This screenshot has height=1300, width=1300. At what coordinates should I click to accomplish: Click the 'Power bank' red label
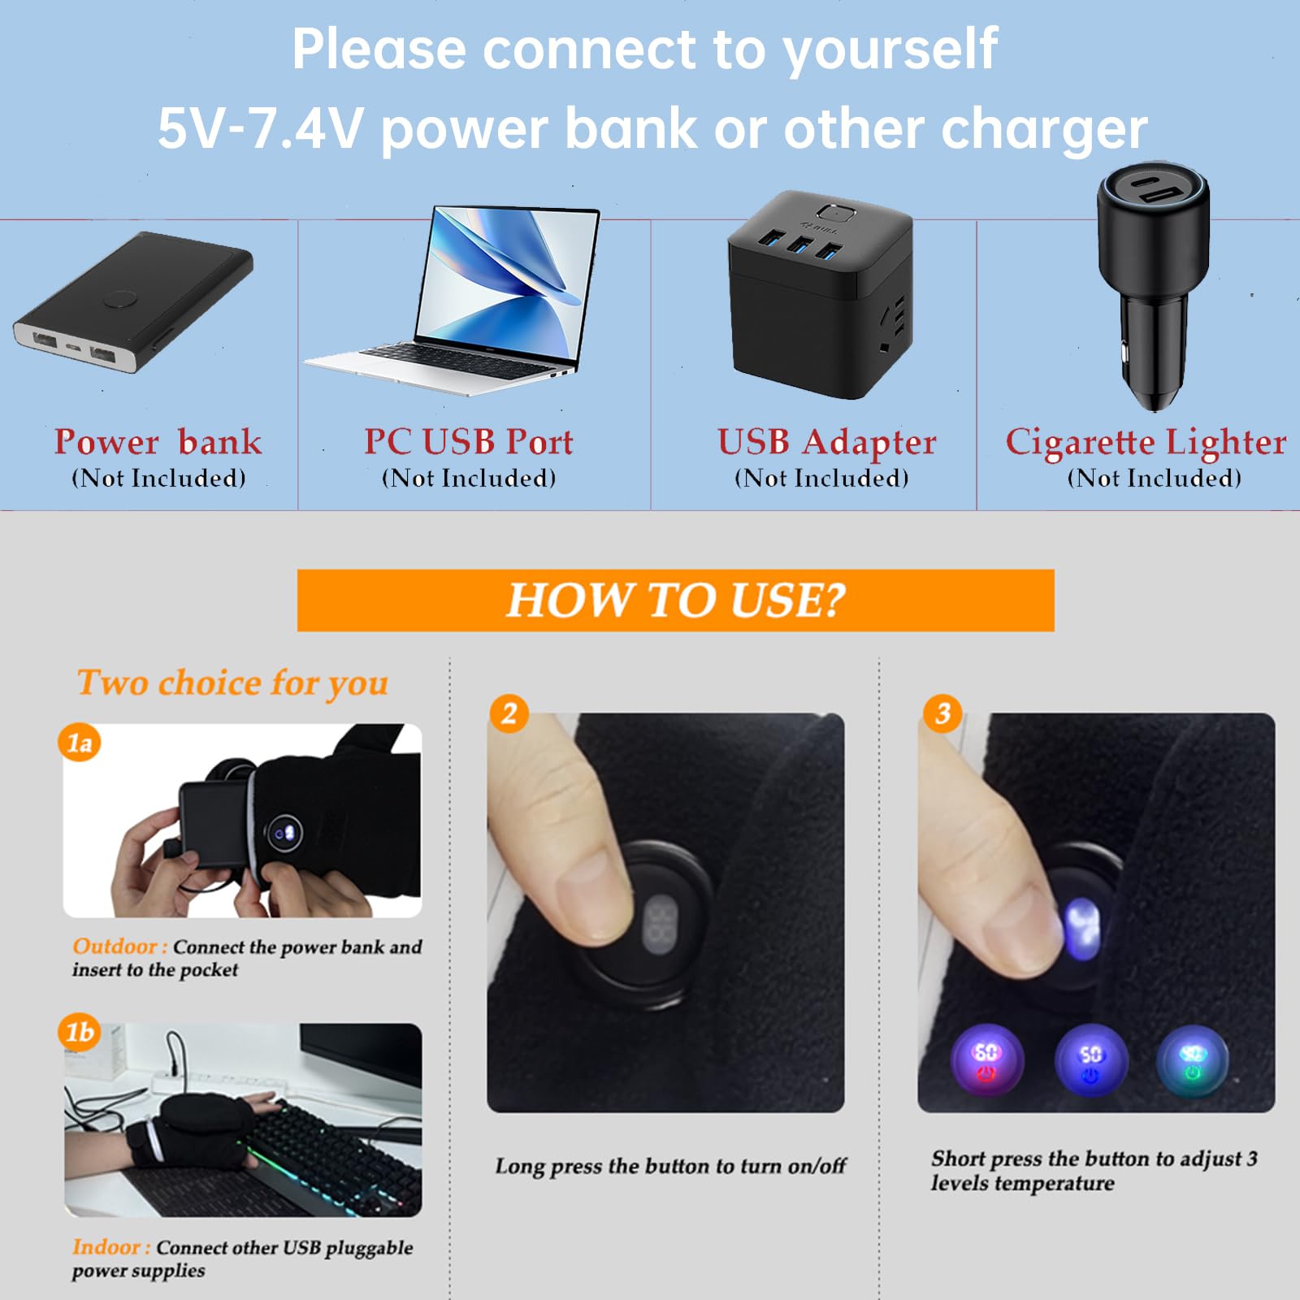[158, 442]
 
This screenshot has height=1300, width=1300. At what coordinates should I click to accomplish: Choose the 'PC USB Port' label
[468, 442]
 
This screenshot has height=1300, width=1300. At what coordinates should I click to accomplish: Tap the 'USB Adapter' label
[826, 442]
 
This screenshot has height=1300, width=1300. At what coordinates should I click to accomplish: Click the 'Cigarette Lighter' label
[1146, 442]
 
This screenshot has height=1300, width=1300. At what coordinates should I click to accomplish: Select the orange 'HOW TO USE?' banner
[675, 600]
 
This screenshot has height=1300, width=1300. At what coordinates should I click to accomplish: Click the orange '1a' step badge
[79, 743]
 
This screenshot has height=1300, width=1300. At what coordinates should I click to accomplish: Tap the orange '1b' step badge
[79, 1032]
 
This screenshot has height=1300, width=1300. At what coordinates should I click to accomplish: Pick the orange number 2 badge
[509, 713]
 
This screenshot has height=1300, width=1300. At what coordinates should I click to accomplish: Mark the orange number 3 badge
[942, 713]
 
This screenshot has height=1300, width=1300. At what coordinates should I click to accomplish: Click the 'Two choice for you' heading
[232, 682]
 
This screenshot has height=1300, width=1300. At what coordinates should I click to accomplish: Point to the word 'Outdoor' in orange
[115, 947]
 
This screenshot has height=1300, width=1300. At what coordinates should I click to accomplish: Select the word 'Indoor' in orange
[106, 1247]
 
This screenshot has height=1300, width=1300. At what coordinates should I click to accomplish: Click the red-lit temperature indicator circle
[986, 1060]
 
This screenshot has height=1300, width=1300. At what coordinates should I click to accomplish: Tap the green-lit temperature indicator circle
[1192, 1060]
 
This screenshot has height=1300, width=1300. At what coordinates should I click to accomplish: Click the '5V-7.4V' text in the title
[260, 128]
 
